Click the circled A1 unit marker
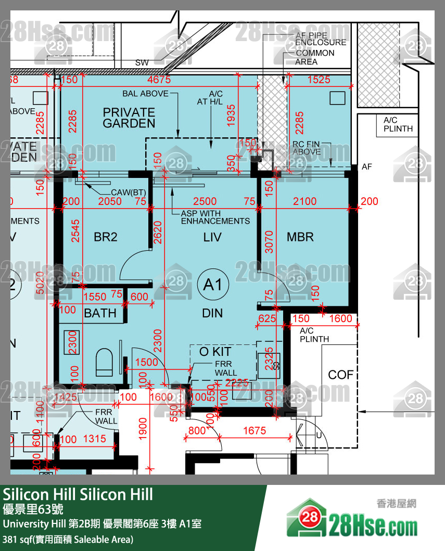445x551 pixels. click(x=213, y=285)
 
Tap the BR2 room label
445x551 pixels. click(x=106, y=237)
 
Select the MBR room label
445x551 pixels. click(x=300, y=237)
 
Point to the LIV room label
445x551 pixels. click(x=212, y=237)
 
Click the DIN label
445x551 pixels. click(x=212, y=313)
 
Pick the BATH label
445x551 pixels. click(x=100, y=313)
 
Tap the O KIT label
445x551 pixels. click(x=215, y=352)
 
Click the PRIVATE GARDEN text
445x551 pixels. click(x=129, y=118)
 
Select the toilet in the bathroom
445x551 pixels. click(x=105, y=361)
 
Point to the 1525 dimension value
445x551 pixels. click(x=319, y=80)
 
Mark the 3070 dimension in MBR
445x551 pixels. click(x=269, y=241)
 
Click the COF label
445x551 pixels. click(x=341, y=375)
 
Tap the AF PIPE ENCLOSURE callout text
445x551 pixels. click(x=321, y=39)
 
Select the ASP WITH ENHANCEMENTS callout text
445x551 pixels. click(x=215, y=217)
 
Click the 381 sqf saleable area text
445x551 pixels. click(x=68, y=540)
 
